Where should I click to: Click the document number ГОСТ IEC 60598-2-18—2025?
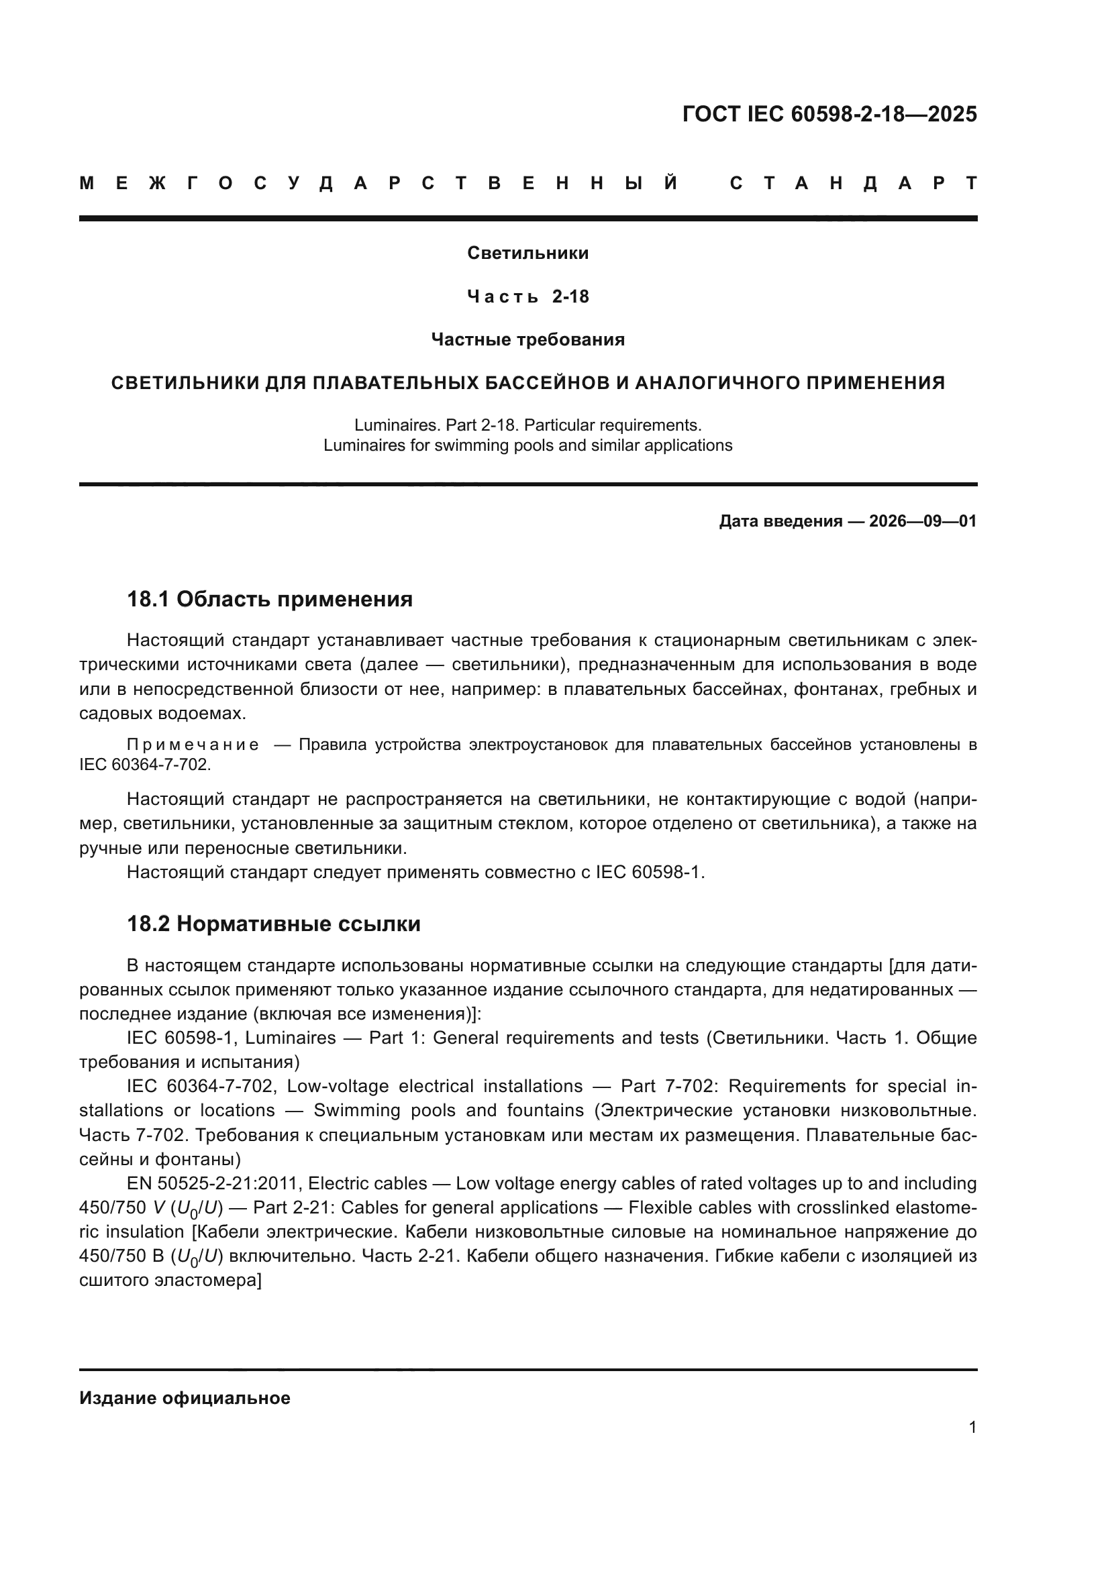pyautogui.click(x=829, y=114)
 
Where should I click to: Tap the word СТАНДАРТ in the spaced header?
pyautogui.click(x=853, y=183)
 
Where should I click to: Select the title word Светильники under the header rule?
pyautogui.click(x=527, y=254)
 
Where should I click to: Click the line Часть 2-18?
pyautogui.click(x=527, y=296)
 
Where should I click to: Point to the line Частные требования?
pyautogui.click(x=527, y=339)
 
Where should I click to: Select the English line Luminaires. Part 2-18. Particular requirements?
pyautogui.click(x=527, y=425)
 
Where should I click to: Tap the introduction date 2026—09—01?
pyautogui.click(x=922, y=521)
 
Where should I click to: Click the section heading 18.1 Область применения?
pyautogui.click(x=270, y=599)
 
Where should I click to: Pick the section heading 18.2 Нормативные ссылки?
pyautogui.click(x=273, y=924)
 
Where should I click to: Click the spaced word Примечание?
pyautogui.click(x=193, y=745)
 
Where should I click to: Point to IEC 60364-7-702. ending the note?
pyautogui.click(x=145, y=765)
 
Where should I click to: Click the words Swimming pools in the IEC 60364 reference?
pyautogui.click(x=385, y=1110)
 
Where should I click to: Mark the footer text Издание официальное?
pyautogui.click(x=185, y=1398)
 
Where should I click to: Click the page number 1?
pyautogui.click(x=972, y=1427)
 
